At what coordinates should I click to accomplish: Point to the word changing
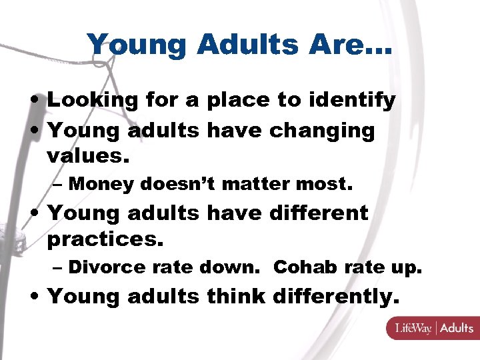[x=322, y=131]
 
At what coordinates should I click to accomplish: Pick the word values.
[x=87, y=158]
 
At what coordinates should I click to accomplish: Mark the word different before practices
[x=319, y=213]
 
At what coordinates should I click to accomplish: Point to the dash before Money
[x=58, y=185]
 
